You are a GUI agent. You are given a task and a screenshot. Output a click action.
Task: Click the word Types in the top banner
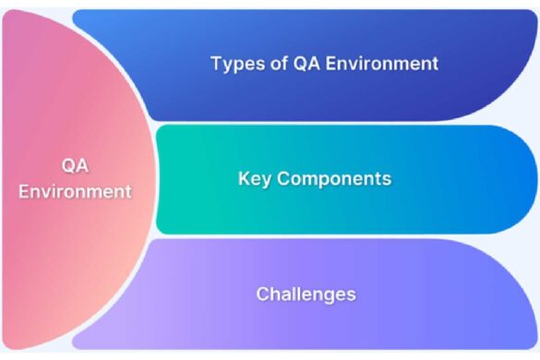click(235, 64)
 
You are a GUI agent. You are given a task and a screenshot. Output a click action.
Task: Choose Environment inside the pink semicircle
click(75, 192)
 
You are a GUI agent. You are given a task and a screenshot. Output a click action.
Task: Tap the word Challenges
click(306, 294)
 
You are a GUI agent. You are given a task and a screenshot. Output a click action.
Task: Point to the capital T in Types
click(216, 64)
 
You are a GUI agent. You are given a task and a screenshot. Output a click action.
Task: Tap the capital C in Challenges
click(262, 294)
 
